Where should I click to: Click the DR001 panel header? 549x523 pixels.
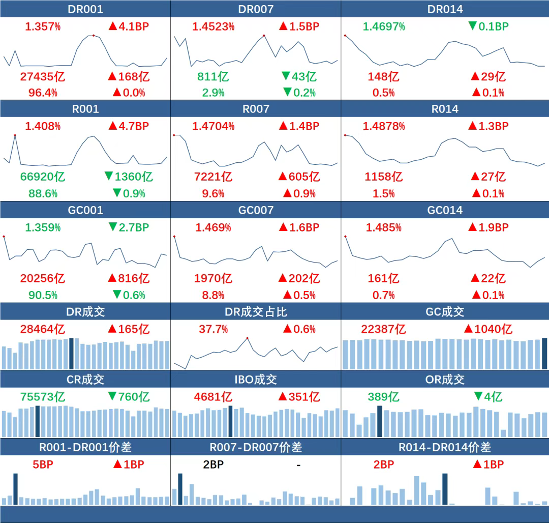click(85, 9)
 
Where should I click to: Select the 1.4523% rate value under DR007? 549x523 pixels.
click(213, 26)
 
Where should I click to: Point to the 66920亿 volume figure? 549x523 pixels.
click(43, 177)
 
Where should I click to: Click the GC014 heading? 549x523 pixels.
click(445, 210)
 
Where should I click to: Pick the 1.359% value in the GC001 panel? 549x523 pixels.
click(43, 227)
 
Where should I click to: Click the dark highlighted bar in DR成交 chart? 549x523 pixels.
click(71, 353)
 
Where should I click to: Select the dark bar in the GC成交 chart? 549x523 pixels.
click(544, 353)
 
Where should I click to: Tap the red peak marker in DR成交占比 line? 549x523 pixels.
click(248, 338)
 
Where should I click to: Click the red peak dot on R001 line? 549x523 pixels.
click(15, 135)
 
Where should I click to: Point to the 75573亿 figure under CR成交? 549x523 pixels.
click(43, 397)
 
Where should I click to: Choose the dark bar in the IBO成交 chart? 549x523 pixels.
click(230, 421)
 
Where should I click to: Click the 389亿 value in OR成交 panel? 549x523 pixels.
click(383, 397)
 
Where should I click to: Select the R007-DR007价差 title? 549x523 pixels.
click(256, 447)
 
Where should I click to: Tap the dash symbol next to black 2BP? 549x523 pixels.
click(298, 464)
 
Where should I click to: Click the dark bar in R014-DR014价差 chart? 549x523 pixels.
click(445, 488)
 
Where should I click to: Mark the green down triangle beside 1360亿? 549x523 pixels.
click(108, 177)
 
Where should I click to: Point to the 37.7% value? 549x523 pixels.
click(213, 329)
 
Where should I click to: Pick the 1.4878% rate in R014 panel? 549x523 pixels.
click(384, 126)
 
